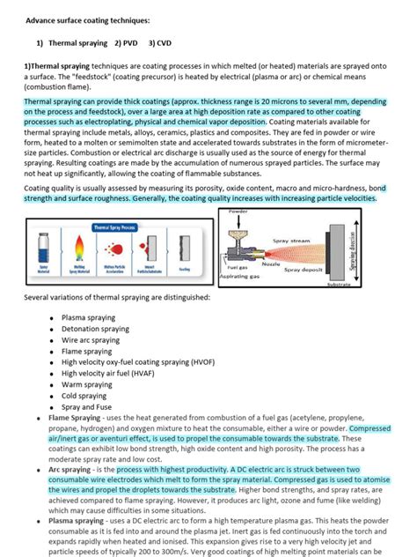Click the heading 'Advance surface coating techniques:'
pyautogui.click(x=87, y=19)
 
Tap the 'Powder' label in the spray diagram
pyautogui.click(x=239, y=212)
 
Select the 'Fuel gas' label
pyautogui.click(x=238, y=267)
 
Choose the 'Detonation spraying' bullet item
pyautogui.click(x=97, y=329)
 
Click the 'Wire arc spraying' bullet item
pyautogui.click(x=91, y=339)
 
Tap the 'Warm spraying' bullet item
pyautogui.click(x=87, y=384)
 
